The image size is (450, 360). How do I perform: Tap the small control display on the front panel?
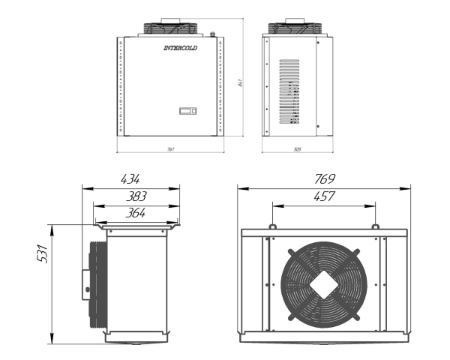(187, 112)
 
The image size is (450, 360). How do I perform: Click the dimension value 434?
(130, 179)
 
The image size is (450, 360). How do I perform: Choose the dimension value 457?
(323, 196)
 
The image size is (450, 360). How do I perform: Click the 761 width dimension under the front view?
(171, 150)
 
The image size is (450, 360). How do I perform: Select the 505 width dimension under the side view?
(297, 150)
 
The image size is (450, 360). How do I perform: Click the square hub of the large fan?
(323, 283)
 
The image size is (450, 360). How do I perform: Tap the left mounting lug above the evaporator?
(271, 227)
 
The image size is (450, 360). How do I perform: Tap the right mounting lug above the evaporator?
(374, 227)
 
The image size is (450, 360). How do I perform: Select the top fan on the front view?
(172, 28)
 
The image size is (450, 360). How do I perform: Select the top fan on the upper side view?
(297, 28)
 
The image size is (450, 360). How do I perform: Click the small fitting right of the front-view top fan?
(213, 34)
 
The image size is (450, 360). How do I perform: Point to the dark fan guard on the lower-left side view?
(95, 283)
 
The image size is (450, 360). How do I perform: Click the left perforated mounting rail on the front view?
(119, 88)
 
